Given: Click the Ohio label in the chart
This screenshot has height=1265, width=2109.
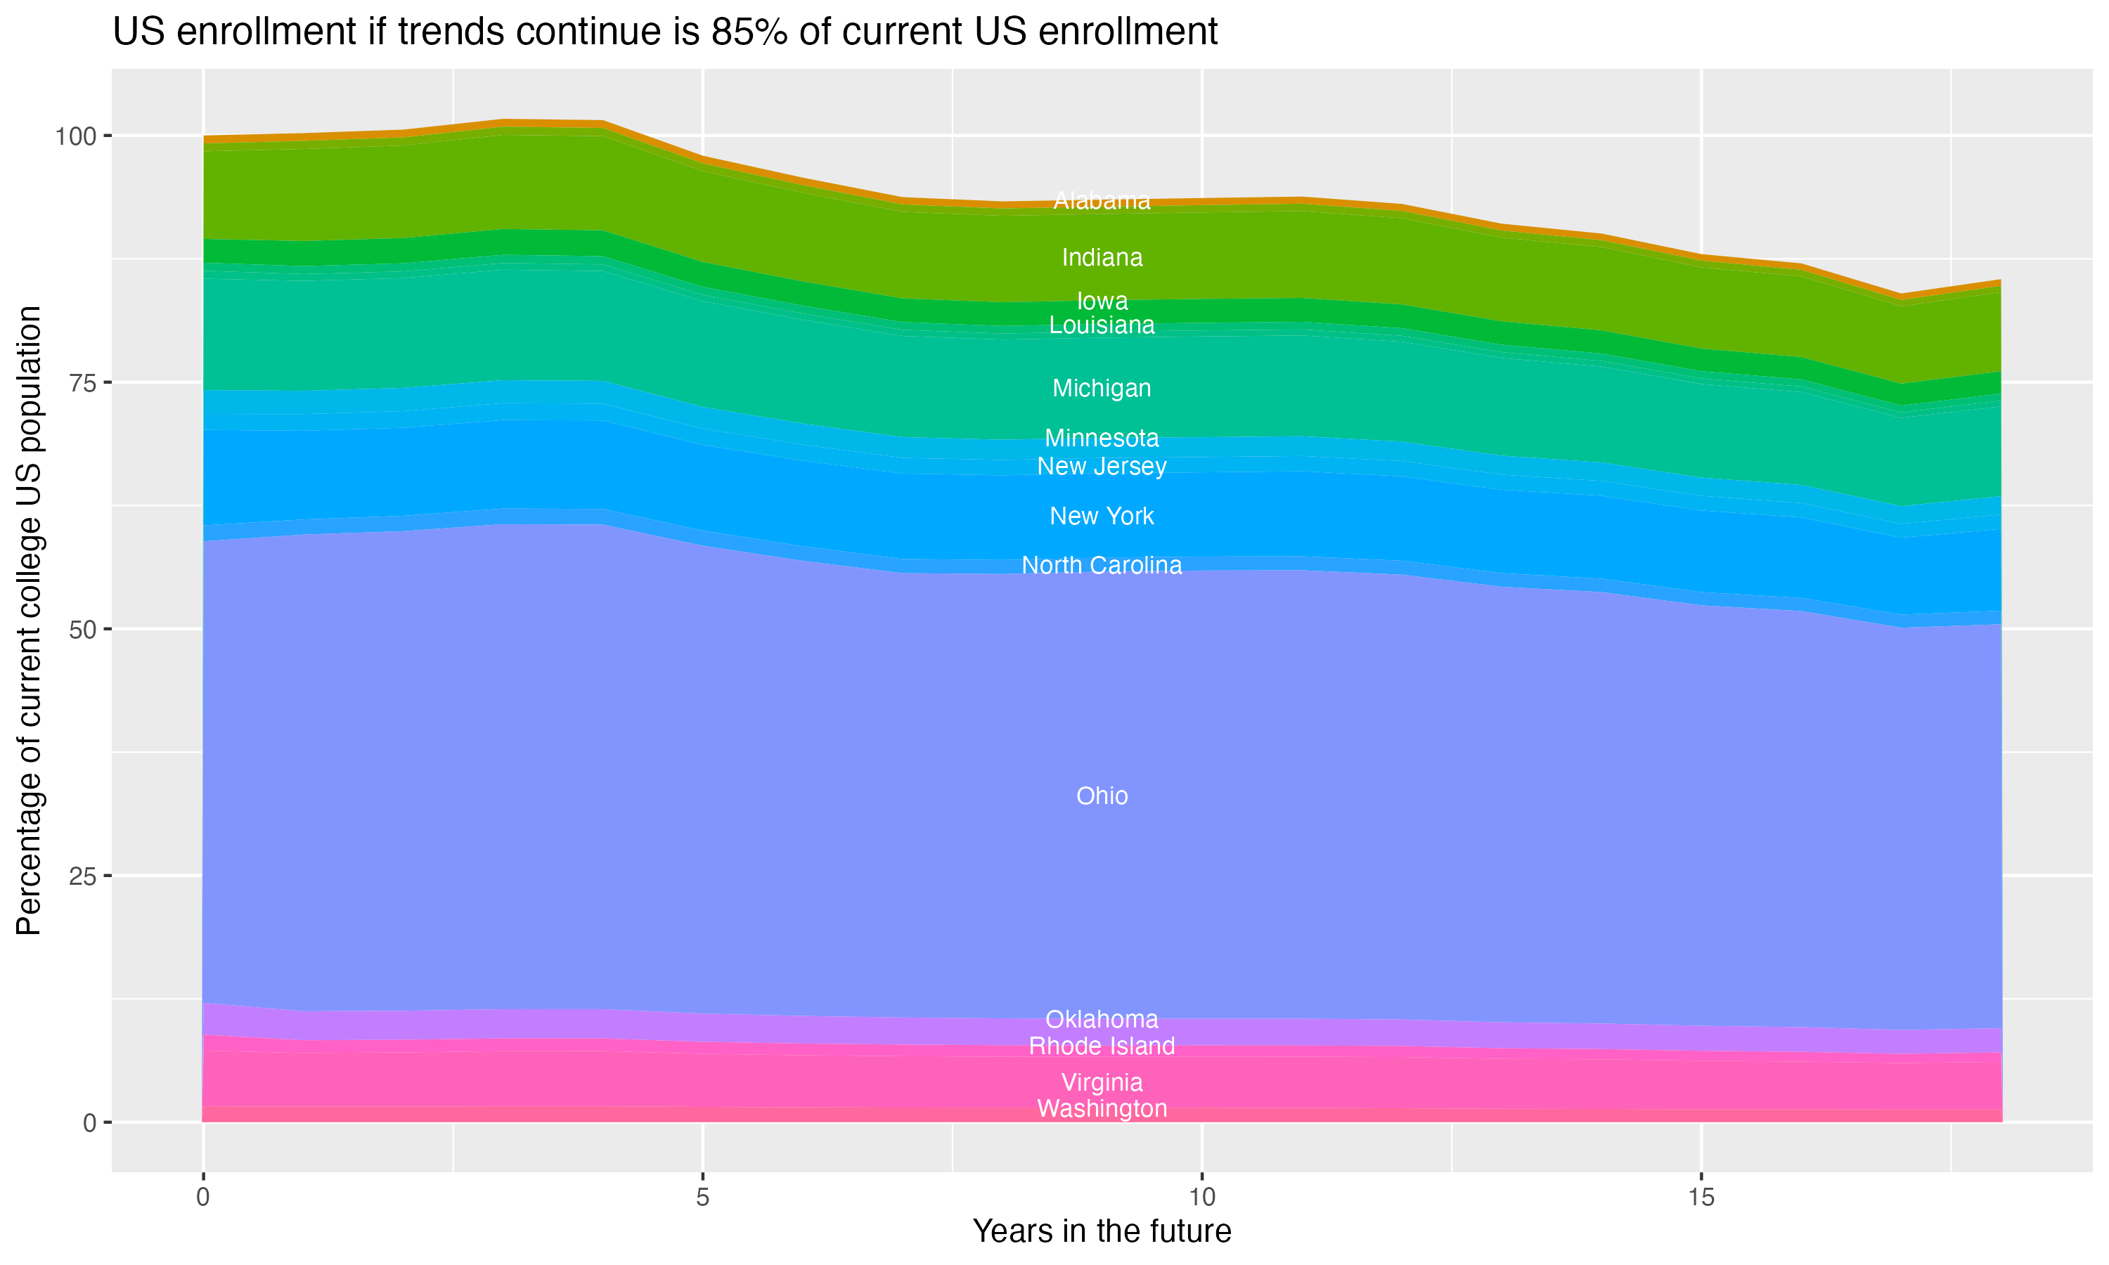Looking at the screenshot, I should point(1102,796).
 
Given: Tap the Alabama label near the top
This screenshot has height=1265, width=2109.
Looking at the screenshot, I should point(1102,201).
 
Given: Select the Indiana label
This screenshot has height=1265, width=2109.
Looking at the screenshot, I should point(1102,257).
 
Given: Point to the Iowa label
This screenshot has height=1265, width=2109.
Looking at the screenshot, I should point(1102,301).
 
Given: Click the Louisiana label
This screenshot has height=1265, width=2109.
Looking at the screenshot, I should point(1102,325).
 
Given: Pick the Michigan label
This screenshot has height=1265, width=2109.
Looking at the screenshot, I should point(1102,388).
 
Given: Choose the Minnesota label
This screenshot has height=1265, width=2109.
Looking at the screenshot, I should point(1102,438).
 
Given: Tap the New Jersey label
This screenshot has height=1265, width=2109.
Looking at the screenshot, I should point(1102,466).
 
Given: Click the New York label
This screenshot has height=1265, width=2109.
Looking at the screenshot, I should point(1102,516).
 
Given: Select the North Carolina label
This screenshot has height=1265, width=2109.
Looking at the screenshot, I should point(1102,565).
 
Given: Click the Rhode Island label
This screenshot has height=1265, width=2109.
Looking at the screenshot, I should point(1102,1046).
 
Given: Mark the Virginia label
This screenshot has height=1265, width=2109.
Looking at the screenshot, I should point(1102,1082).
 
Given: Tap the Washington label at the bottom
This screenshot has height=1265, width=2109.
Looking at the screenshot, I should point(1102,1109).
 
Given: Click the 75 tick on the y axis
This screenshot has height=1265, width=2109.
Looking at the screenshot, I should point(82,383).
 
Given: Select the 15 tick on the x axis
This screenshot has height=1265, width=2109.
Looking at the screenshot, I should point(1701,1198).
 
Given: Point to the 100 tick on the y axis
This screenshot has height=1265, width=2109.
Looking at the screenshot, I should point(77,136).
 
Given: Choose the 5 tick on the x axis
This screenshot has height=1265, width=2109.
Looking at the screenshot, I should point(702,1198).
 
